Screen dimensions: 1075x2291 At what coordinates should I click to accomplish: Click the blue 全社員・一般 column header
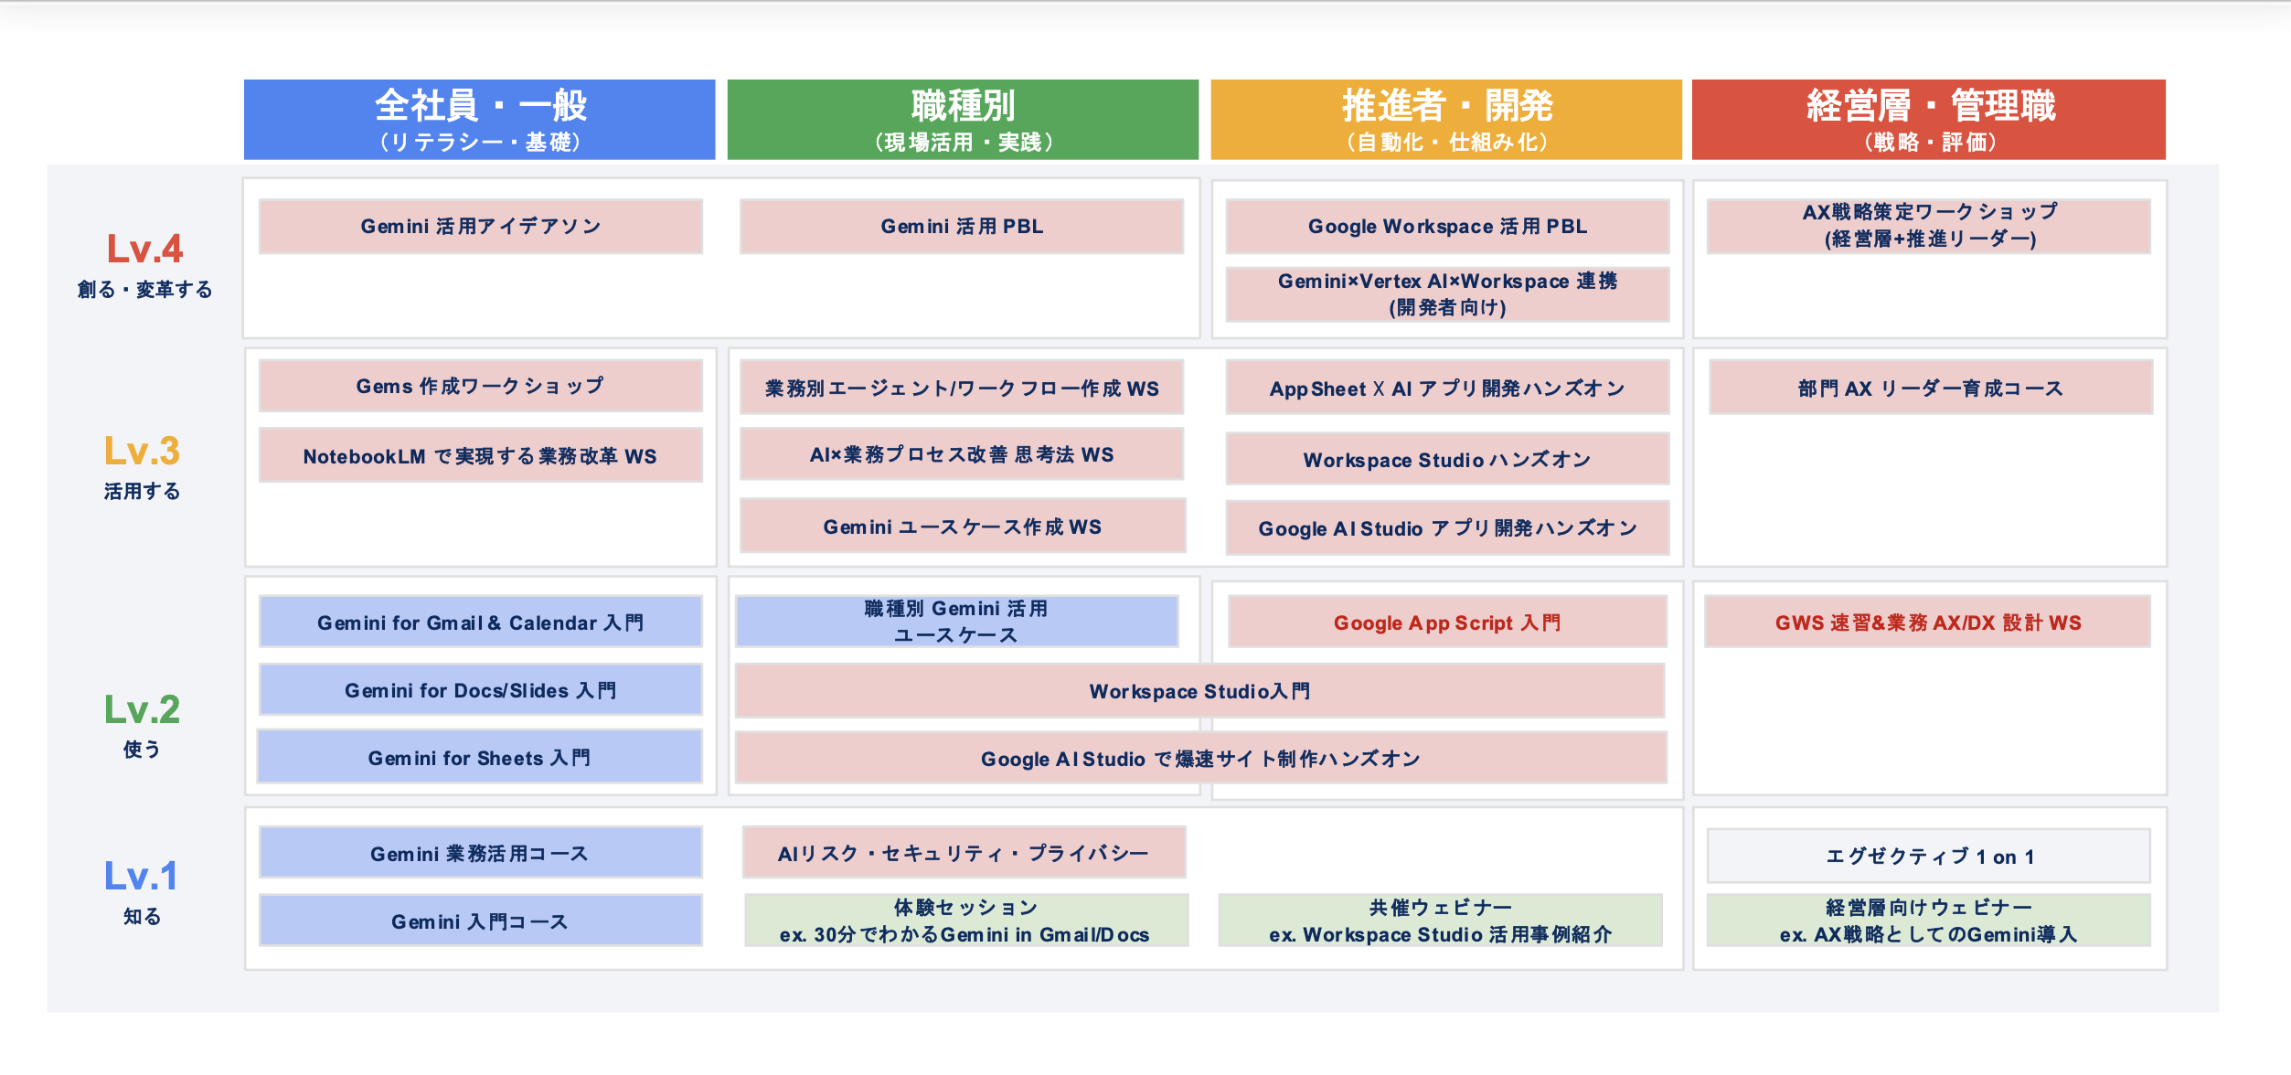click(x=479, y=119)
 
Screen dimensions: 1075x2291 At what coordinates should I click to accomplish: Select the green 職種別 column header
click(x=962, y=119)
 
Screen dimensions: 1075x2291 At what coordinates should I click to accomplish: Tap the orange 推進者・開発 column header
click(x=1445, y=119)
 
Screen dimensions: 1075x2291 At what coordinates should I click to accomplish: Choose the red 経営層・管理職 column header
click(x=1928, y=119)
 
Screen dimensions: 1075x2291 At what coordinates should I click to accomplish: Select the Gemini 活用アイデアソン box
click(x=480, y=227)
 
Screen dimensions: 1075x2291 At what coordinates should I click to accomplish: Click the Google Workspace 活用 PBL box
click(x=1447, y=227)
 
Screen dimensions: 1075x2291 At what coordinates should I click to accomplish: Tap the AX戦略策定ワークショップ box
click(x=1928, y=226)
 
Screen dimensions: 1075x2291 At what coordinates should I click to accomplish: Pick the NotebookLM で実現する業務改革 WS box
click(x=480, y=455)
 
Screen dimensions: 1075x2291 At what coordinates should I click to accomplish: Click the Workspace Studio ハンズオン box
click(x=1447, y=459)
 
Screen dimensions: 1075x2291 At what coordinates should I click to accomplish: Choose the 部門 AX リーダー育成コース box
click(x=1930, y=388)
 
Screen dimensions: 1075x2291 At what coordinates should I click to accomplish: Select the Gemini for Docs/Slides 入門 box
click(x=480, y=690)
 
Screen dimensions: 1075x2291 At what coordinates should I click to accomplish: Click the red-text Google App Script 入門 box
click(x=1447, y=623)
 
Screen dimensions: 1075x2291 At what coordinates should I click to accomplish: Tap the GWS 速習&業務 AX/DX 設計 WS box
click(x=1927, y=623)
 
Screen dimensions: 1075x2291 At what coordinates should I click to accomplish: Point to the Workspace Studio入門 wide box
click(x=1199, y=691)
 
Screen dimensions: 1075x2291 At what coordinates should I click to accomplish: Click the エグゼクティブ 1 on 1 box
click(x=1928, y=857)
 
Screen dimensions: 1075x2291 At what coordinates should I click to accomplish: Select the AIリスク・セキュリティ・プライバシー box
click(x=964, y=853)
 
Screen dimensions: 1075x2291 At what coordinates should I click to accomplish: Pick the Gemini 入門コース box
click(x=480, y=921)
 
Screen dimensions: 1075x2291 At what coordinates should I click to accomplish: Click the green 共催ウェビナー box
click(x=1440, y=921)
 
